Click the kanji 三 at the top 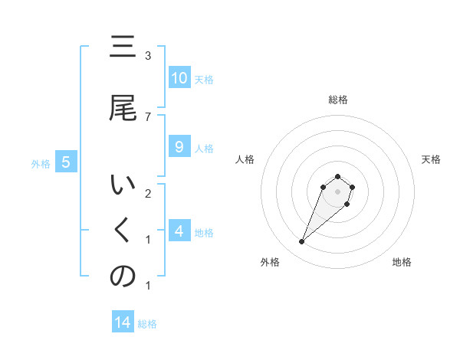(x=123, y=47)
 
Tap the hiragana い (x=123, y=186)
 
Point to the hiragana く (x=123, y=232)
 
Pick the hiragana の (x=123, y=277)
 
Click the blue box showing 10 (x=179, y=78)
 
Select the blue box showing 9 (x=179, y=148)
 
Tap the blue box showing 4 (x=179, y=231)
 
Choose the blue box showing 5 (x=66, y=162)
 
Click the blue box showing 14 (x=123, y=323)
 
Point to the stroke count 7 (x=148, y=116)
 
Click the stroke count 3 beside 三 (x=148, y=56)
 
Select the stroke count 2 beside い (x=148, y=193)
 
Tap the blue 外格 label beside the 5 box (x=41, y=163)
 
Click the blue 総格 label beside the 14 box (x=147, y=324)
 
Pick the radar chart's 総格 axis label (x=338, y=100)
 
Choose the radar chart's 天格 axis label (x=432, y=159)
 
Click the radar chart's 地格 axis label (x=402, y=262)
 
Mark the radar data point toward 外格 (x=302, y=242)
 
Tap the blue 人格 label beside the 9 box (x=204, y=149)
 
